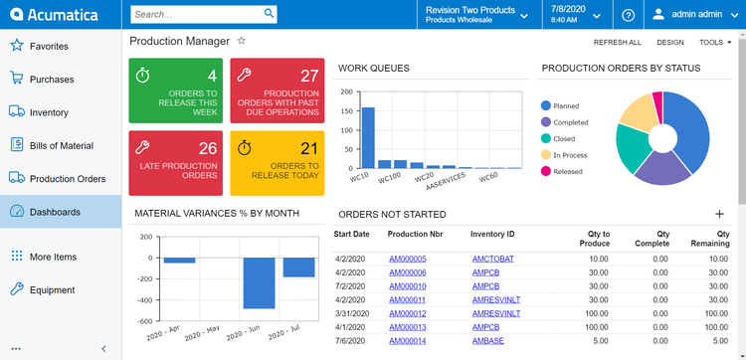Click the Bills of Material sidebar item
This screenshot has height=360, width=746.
pyautogui.click(x=61, y=145)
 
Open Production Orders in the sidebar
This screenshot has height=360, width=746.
pyautogui.click(x=67, y=179)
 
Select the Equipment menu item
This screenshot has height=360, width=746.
pyautogui.click(x=52, y=290)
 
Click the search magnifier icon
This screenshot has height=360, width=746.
pyautogui.click(x=270, y=14)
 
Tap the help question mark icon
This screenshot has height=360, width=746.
pyautogui.click(x=628, y=15)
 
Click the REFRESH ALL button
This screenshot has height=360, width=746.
pyautogui.click(x=617, y=43)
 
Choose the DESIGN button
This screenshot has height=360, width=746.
pyautogui.click(x=669, y=43)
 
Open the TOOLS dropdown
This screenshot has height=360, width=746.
pyautogui.click(x=714, y=43)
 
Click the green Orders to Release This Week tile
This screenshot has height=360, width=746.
pyautogui.click(x=176, y=90)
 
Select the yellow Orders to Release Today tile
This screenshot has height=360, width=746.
pyautogui.click(x=278, y=162)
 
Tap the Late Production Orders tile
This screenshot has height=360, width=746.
pyautogui.click(x=176, y=162)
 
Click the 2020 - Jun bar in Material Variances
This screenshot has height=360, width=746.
pyautogui.click(x=260, y=282)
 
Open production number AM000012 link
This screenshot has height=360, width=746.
pyautogui.click(x=407, y=313)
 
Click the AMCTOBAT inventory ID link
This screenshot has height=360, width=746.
pyautogui.click(x=494, y=259)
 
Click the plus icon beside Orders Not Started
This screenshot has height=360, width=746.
pyautogui.click(x=719, y=214)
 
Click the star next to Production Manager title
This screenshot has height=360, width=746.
pyautogui.click(x=241, y=41)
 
